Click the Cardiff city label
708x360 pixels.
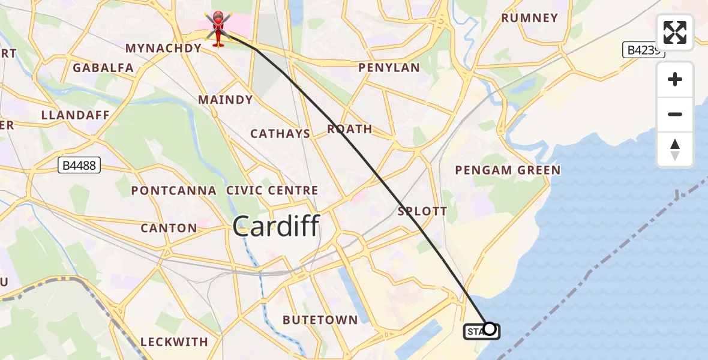pos(276,227)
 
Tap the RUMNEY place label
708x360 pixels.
pos(530,18)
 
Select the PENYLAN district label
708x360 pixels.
pos(389,68)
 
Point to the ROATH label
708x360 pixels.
pos(349,129)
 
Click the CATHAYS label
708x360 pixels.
pos(280,134)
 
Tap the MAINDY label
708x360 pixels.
pos(226,100)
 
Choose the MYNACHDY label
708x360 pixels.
pos(163,48)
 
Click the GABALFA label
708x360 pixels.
pos(103,68)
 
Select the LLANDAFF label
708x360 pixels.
pos(76,115)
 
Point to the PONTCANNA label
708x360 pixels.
pos(174,191)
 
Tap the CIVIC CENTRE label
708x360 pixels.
pos(272,191)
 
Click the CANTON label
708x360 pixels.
pos(169,228)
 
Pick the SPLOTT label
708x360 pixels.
pos(422,211)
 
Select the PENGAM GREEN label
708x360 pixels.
pos(508,170)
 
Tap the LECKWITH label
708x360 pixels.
pos(174,342)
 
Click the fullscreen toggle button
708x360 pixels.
pos(675,32)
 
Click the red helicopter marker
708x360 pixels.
pos(217,29)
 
